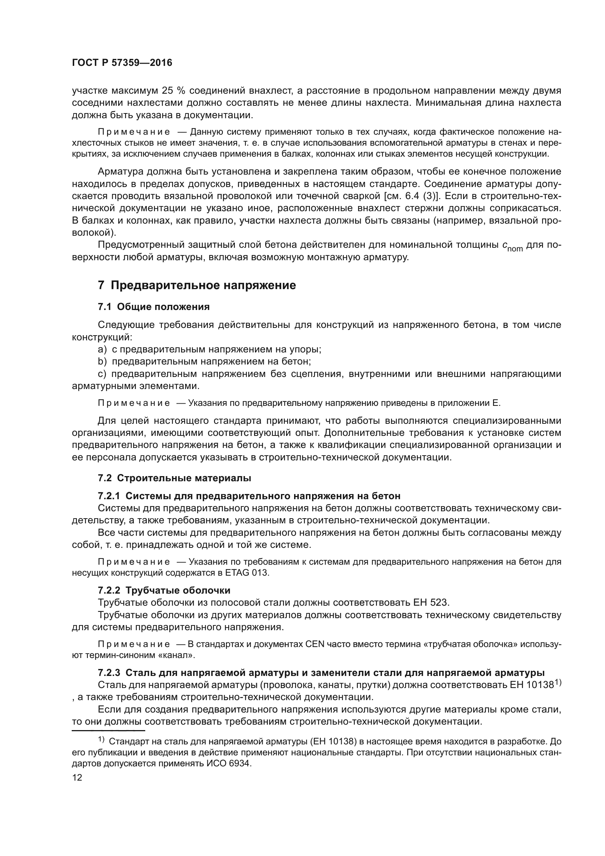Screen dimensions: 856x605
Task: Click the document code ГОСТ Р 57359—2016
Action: (122, 63)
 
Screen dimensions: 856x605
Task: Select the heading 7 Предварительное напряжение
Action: (197, 285)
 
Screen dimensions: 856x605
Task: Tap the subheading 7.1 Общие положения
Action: (154, 307)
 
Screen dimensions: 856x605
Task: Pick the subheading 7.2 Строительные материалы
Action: (174, 478)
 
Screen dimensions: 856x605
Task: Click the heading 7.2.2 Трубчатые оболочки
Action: (164, 590)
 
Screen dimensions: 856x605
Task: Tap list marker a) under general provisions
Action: (102, 349)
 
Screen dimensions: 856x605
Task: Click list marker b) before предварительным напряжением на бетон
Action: (102, 361)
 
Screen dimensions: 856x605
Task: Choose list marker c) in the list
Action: (102, 374)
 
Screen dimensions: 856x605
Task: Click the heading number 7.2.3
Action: (109, 673)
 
